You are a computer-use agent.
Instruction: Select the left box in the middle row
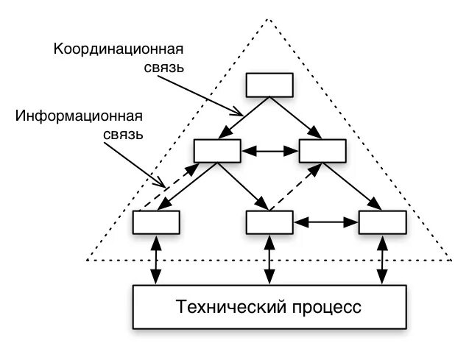point(217,150)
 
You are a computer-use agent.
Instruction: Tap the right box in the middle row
point(322,150)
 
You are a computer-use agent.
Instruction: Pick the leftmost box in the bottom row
point(156,222)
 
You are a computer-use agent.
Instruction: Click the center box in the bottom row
point(269,222)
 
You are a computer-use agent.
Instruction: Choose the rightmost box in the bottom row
point(381,222)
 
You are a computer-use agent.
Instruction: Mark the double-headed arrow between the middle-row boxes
point(270,151)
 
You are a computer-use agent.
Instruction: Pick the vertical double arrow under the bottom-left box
point(156,258)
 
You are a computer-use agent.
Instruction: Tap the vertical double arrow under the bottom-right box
point(381,258)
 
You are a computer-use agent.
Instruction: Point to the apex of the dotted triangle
point(269,20)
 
